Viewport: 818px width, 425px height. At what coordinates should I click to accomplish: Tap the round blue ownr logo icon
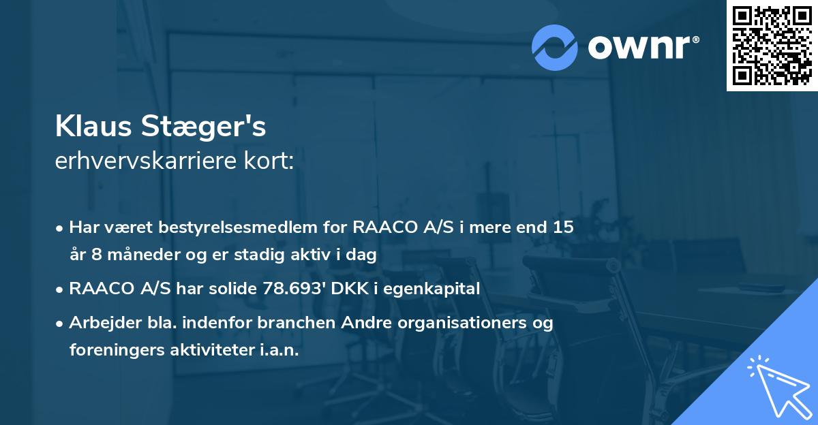pyautogui.click(x=555, y=46)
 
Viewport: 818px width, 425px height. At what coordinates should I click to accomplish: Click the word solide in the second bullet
pyautogui.click(x=234, y=289)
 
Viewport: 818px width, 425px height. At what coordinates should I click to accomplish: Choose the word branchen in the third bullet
pyautogui.click(x=281, y=323)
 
